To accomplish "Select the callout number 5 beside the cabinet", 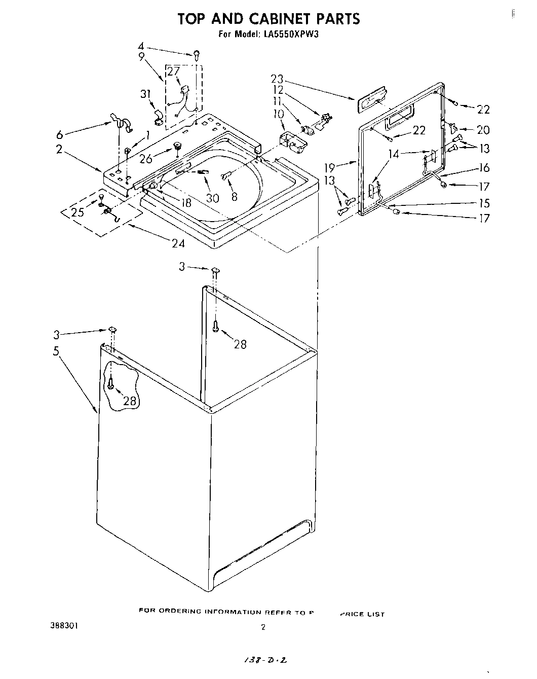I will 56,351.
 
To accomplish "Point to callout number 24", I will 178,244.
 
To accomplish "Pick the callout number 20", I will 483,130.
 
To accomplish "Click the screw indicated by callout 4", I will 196,54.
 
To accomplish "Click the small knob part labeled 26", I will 178,147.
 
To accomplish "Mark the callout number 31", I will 145,94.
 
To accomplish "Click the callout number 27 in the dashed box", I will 173,71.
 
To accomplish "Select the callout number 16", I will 483,168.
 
